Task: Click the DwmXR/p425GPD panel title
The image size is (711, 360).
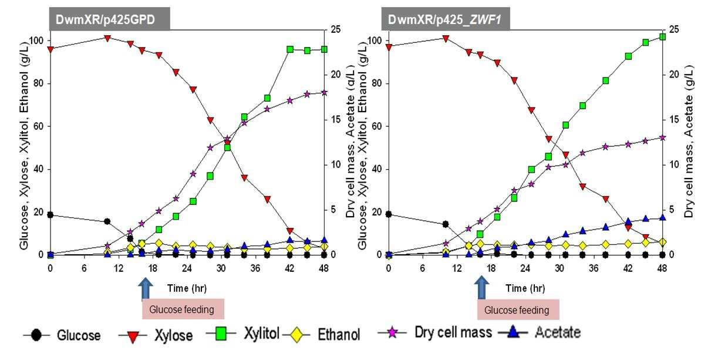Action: coord(109,19)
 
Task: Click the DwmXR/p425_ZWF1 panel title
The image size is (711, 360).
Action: coord(445,19)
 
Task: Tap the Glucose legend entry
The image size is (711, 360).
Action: coord(62,335)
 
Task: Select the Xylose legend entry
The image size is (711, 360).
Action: coord(156,335)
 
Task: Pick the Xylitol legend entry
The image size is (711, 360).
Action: coord(243,334)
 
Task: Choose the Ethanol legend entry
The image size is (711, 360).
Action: coord(321,335)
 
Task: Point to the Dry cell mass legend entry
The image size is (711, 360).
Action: coord(435,332)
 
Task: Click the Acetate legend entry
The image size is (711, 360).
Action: coord(540,332)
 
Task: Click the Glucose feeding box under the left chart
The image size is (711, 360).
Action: coord(183,309)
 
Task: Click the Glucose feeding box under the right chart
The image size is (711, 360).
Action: coord(518,309)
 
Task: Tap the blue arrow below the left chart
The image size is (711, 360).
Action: coord(146,288)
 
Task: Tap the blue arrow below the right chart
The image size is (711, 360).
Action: coord(482,287)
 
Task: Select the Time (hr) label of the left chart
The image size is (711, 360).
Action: coord(187,288)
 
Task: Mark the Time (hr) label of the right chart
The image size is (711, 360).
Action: coord(525,288)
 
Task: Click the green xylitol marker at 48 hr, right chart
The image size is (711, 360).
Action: coord(662,37)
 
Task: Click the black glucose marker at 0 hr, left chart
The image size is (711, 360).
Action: coord(50,215)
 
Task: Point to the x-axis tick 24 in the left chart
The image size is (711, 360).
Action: coord(187,268)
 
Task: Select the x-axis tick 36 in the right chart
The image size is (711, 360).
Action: coord(594,268)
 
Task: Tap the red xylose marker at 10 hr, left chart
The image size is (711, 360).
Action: coord(107,38)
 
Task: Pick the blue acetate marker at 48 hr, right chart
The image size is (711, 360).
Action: coord(662,217)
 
